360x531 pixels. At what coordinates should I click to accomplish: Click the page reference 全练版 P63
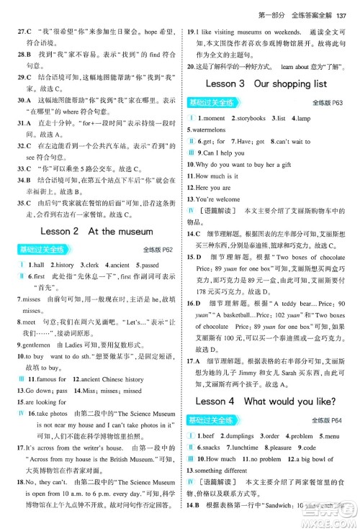[x=332, y=102]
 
